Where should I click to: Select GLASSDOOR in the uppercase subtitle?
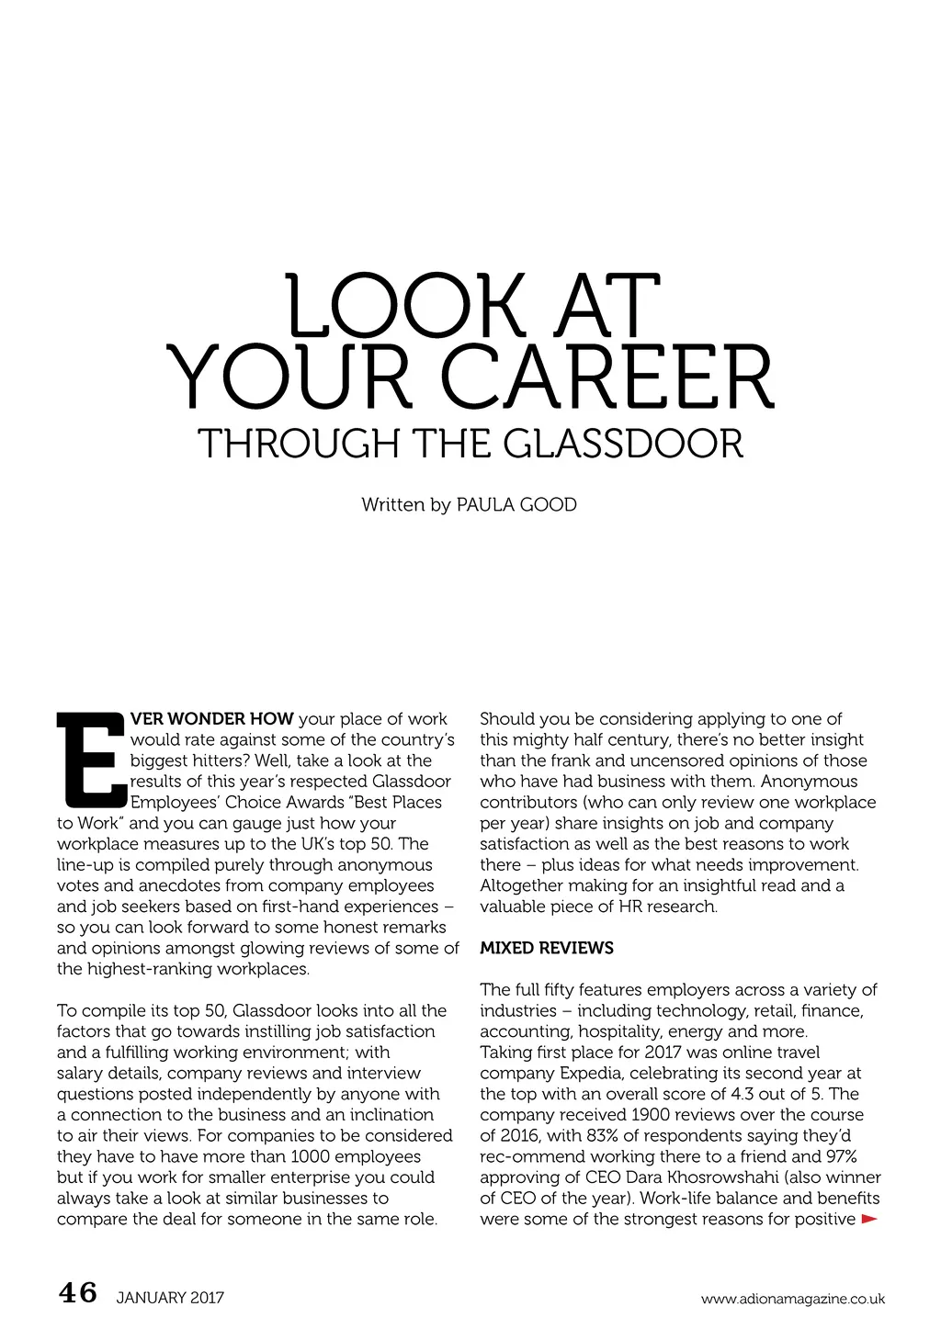pyautogui.click(x=624, y=444)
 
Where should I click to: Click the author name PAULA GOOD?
pyautogui.click(x=516, y=505)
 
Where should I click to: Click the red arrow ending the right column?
pyautogui.click(x=868, y=1220)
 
